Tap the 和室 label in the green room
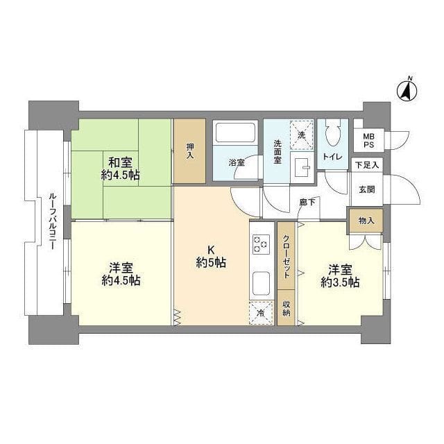tap(119, 163)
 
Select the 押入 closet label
tap(189, 151)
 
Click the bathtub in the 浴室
tap(235, 133)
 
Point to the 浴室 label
tap(237, 163)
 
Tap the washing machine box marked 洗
tap(301, 133)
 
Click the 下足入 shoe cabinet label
tap(367, 165)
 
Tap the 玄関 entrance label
tap(367, 189)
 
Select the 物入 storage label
tap(366, 221)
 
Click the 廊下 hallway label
tap(306, 203)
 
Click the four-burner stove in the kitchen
tap(263, 244)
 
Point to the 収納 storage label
tap(286, 308)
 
